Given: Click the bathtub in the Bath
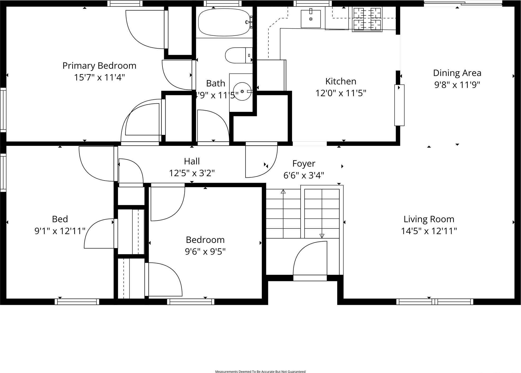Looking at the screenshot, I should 224,22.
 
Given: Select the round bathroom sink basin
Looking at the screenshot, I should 242,91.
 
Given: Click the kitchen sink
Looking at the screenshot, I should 311,19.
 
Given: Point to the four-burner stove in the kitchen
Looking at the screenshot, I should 367,19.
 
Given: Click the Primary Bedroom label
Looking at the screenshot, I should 99,66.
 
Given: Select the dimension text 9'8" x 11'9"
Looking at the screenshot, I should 457,85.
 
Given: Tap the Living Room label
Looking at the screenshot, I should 429,219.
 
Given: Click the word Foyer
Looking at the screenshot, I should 303,164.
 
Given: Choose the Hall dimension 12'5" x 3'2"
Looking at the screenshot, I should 192,173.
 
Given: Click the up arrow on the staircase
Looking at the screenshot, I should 283,191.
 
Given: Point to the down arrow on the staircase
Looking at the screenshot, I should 322,236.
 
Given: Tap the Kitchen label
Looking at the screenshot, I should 341,81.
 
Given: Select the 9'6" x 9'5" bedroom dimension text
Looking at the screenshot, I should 205,251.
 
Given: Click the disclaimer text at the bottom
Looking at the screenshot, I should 260,371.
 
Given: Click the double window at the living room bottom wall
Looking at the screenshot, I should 434,301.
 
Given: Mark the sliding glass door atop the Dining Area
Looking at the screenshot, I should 463,4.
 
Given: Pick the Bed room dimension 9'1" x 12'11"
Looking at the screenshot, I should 60,231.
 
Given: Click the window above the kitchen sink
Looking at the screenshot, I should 312,3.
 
